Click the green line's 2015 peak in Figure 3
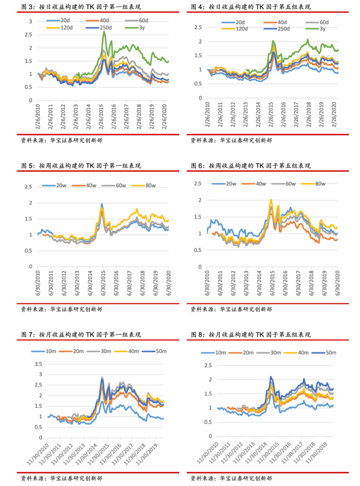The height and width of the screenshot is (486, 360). point(104,32)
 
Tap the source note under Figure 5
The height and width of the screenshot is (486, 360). point(61,309)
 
